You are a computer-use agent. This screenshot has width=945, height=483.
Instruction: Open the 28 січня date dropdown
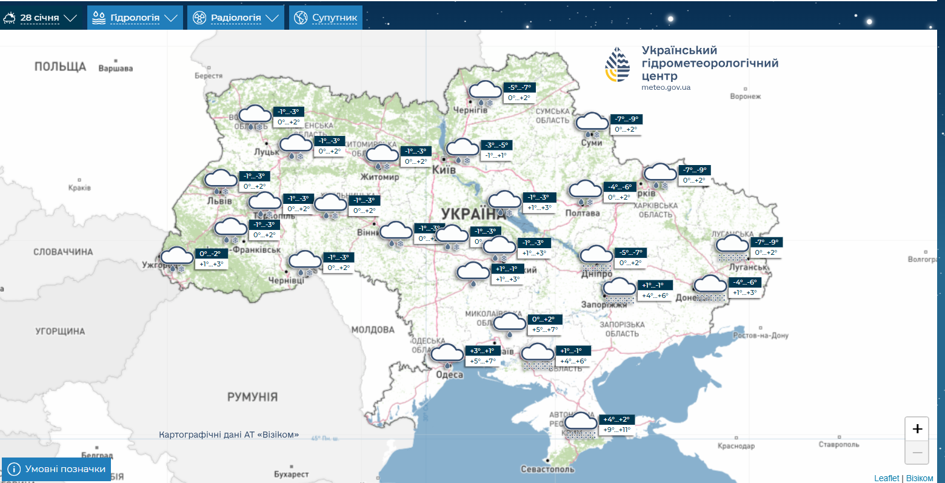pos(40,18)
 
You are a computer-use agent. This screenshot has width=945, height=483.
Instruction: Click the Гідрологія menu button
pos(135,18)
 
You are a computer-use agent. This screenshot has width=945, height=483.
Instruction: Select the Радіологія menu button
pos(235,18)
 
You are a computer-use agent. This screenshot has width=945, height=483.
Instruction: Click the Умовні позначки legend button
pos(57,469)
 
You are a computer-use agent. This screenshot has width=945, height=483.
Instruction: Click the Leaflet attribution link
pos(887,478)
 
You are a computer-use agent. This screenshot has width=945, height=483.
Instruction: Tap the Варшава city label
pos(115,69)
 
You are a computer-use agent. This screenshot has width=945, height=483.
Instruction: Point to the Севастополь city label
pos(547,469)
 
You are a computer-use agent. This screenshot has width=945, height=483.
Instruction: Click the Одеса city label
pos(450,374)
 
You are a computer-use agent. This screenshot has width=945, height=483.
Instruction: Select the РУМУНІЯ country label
pos(252,397)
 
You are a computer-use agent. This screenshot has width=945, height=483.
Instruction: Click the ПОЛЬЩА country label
pos(60,67)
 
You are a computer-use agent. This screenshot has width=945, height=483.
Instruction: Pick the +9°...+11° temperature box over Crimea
pos(616,430)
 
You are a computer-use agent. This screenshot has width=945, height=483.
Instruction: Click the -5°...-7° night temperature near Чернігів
pos(519,87)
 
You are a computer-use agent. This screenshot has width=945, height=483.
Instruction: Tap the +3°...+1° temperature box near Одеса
pos(483,351)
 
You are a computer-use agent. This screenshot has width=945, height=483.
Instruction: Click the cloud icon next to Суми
pos(592,123)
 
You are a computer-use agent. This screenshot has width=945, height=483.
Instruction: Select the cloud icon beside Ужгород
pos(176,257)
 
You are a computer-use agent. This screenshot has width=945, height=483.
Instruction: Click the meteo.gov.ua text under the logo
pos(666,87)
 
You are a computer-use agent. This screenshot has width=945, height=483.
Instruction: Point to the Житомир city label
pos(380,177)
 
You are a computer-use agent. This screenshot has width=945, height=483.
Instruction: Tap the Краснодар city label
pos(736,446)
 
